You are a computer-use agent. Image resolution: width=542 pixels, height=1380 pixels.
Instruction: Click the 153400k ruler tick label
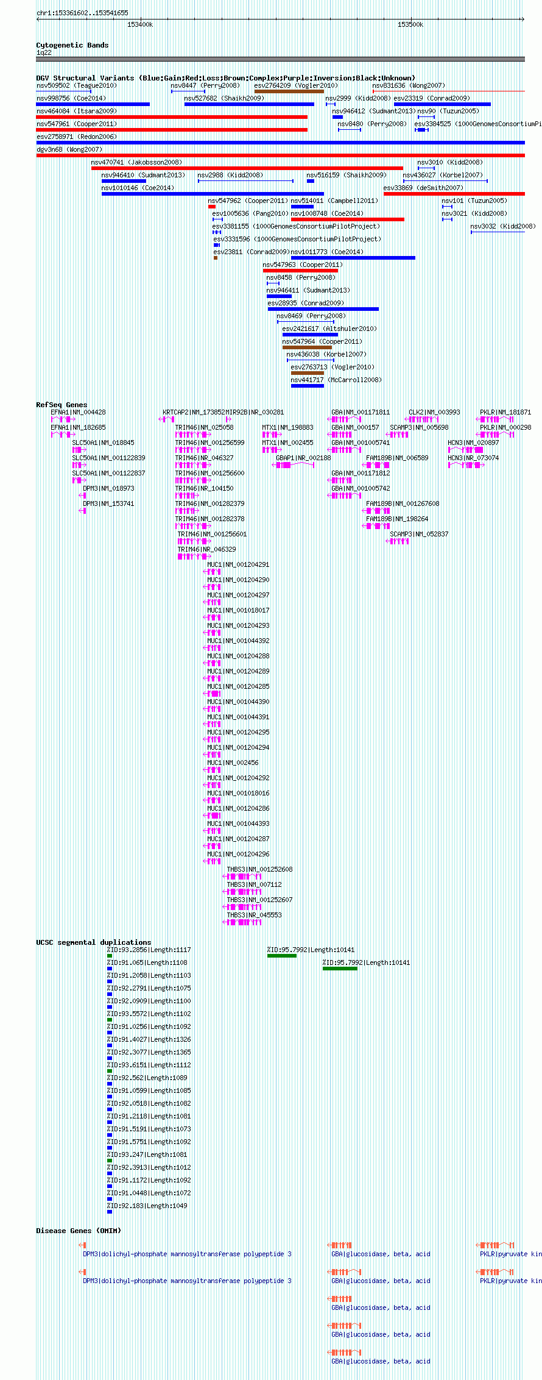click(x=140, y=24)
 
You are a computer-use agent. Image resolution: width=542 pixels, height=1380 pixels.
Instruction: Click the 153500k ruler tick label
click(x=410, y=24)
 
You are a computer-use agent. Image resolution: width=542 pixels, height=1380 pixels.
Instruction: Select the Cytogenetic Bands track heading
click(x=72, y=45)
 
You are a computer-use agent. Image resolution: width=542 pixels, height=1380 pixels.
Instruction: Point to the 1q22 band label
click(x=44, y=52)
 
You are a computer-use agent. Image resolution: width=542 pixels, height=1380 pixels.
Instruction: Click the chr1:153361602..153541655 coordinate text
click(x=82, y=13)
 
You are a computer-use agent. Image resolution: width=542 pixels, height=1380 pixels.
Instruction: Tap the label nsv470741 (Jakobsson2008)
click(x=136, y=162)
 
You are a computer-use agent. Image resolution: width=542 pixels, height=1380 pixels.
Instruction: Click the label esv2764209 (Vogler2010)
click(x=296, y=85)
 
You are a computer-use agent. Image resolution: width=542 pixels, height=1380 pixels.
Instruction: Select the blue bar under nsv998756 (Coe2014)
click(x=93, y=104)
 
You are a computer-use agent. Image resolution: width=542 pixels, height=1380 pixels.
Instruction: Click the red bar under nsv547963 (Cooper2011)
click(x=300, y=271)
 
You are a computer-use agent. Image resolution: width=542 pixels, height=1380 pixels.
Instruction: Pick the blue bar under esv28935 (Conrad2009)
click(x=323, y=309)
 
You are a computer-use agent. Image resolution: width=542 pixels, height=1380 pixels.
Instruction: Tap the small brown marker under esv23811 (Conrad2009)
click(x=216, y=258)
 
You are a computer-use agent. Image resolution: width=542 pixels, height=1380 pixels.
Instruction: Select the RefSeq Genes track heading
click(x=62, y=405)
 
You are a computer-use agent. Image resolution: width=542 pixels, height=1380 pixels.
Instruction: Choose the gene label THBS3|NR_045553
click(x=254, y=915)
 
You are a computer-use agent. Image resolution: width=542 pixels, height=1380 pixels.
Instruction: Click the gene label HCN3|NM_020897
click(x=473, y=443)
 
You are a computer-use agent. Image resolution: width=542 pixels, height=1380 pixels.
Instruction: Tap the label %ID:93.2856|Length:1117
click(x=149, y=950)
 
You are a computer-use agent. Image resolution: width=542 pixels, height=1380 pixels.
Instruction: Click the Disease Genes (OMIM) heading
click(x=79, y=1231)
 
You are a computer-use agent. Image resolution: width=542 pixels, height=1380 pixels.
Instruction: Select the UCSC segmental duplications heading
click(x=93, y=942)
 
